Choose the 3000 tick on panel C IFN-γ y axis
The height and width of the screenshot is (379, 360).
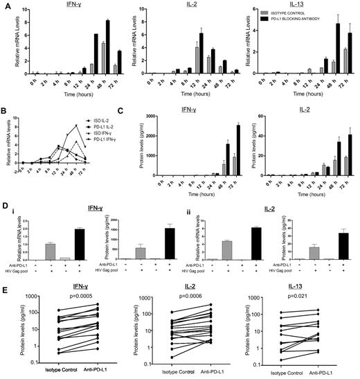tap(145, 116)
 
